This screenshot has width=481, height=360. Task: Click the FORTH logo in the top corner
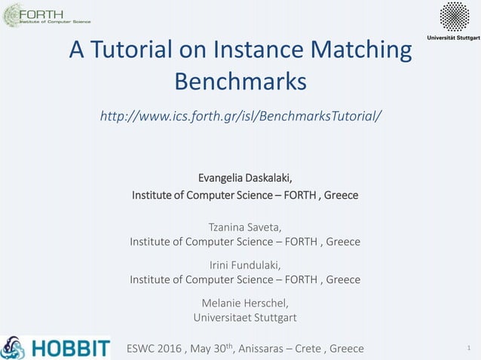tap(47, 15)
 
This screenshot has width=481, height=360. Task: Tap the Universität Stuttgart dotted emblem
tap(454, 17)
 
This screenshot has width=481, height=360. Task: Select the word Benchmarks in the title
tap(240, 80)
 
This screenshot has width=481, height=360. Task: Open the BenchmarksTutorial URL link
tap(240, 117)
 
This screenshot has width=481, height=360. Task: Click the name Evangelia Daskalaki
tap(244, 178)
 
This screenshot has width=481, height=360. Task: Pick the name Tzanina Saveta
tap(244, 226)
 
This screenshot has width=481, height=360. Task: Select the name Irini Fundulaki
tap(244, 264)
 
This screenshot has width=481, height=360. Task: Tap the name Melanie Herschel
tap(245, 302)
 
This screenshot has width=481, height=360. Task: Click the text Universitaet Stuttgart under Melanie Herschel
tap(245, 317)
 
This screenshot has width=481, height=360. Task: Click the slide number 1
tap(468, 348)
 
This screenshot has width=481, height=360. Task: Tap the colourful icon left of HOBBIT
tap(13, 347)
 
